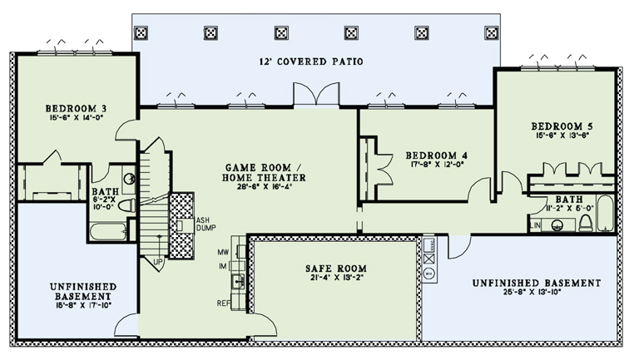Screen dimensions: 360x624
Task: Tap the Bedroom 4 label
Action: [437, 155]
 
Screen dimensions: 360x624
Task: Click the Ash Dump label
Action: [206, 222]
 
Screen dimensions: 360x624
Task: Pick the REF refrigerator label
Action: [224, 303]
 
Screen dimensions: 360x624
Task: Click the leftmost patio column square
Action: [142, 32]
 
